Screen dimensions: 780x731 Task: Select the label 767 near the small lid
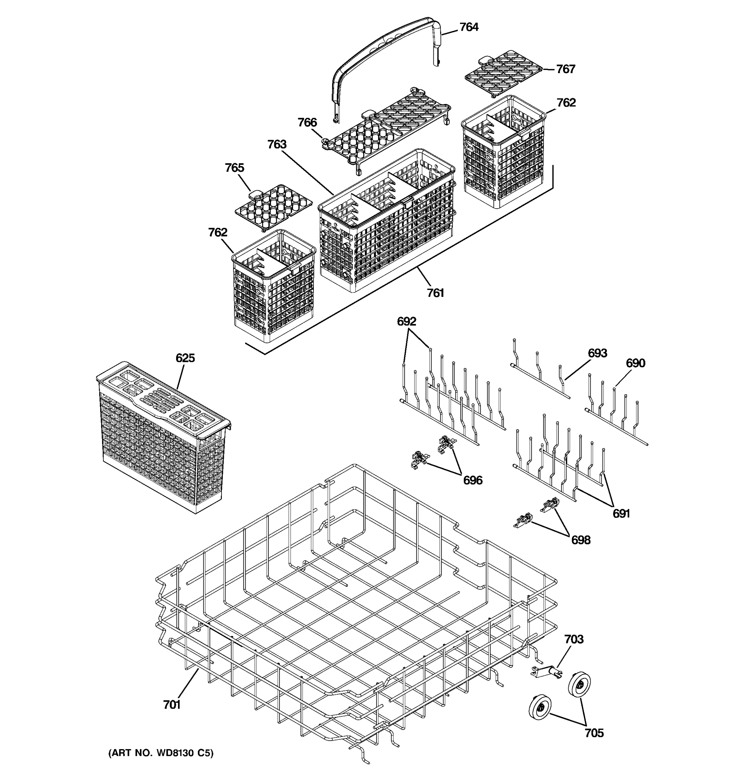coord(566,69)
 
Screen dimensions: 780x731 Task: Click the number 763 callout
coord(277,144)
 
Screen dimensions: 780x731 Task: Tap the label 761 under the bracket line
coord(435,293)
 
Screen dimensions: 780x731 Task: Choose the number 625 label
coord(185,358)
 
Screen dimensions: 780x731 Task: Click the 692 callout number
coord(406,321)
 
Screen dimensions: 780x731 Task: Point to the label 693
coord(597,353)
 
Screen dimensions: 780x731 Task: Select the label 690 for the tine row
coord(635,363)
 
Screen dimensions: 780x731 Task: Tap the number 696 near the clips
coord(473,480)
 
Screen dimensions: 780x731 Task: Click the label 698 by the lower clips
coord(580,540)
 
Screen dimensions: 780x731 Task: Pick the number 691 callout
coord(621,513)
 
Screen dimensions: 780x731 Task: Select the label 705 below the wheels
coord(594,733)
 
